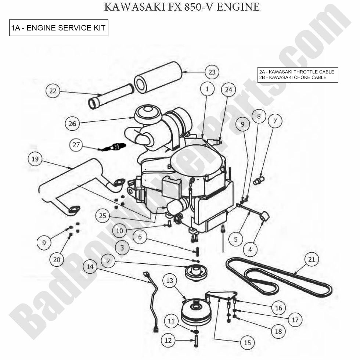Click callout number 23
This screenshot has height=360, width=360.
[x=212, y=72]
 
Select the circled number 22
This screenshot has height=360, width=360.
[x=53, y=91]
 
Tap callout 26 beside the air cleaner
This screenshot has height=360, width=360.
[x=72, y=123]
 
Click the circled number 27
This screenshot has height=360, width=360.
[x=76, y=145]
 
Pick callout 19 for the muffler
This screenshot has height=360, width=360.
[x=35, y=159]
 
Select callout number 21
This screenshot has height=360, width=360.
[x=312, y=259]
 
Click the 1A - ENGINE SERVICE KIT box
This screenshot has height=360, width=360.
[x=59, y=28]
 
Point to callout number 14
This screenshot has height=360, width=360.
[x=90, y=266]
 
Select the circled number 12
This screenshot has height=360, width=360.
[x=168, y=341]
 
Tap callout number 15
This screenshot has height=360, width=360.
[x=247, y=342]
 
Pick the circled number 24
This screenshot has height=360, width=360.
[x=228, y=89]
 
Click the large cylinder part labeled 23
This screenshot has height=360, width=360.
[x=158, y=77]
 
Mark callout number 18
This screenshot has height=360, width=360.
[x=278, y=331]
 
